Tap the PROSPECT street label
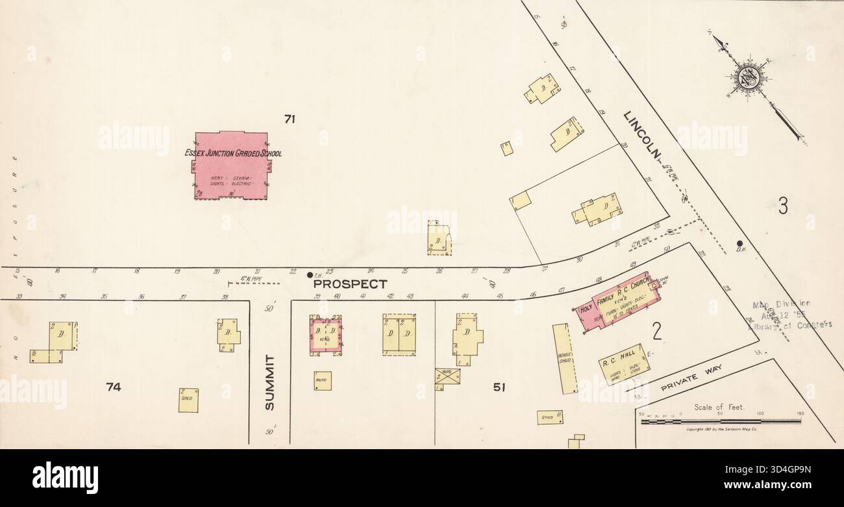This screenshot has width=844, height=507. (x=350, y=284)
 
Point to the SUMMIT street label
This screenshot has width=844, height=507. (x=270, y=383)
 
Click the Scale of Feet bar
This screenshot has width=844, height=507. (x=721, y=421)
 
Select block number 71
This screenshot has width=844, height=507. (x=290, y=118)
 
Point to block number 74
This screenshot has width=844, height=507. (x=114, y=387)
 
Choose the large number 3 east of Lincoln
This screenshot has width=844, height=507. (x=783, y=206)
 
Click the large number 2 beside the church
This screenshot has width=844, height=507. (x=656, y=333)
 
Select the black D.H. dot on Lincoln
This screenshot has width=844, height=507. (x=739, y=244)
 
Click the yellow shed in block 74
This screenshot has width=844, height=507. (x=188, y=400)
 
